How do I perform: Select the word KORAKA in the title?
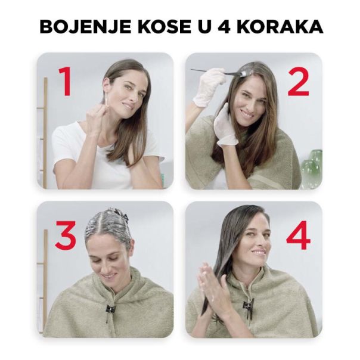tap(284, 27)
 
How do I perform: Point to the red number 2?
tap(298, 82)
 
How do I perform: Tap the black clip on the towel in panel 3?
tap(110, 310)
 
